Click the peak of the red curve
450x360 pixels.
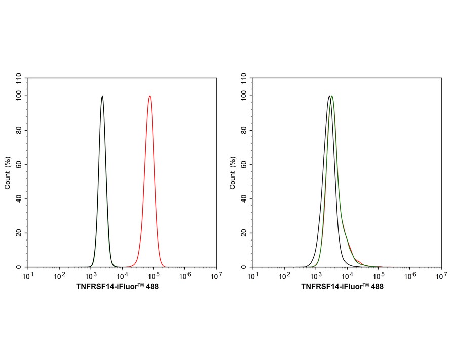149,96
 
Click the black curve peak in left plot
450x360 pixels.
102,96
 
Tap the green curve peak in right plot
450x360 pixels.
332,96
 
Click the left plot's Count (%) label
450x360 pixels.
8,173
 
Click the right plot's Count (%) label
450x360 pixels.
233,173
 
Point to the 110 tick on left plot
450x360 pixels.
19,78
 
